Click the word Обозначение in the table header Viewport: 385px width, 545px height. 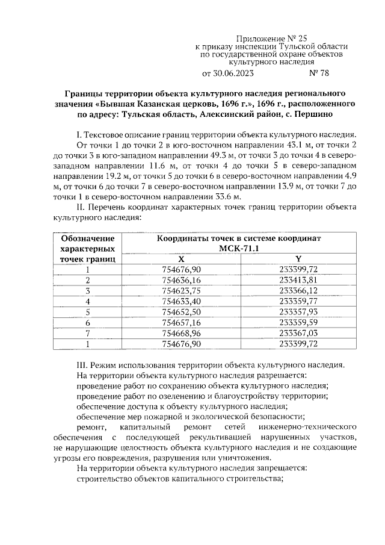(88, 238)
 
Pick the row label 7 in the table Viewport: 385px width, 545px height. (88, 333)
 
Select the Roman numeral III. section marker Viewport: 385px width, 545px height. (80, 365)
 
